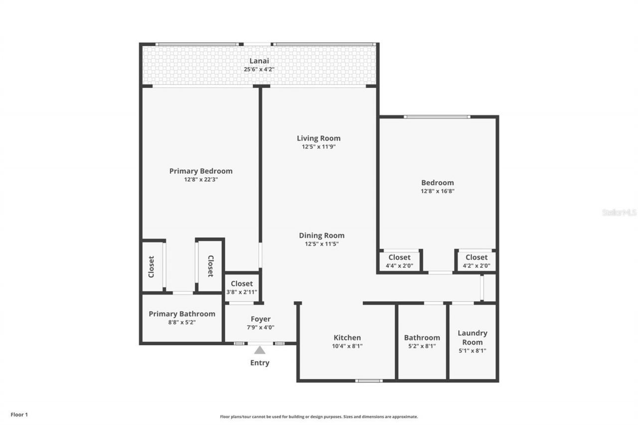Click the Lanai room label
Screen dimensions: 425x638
pos(259,61)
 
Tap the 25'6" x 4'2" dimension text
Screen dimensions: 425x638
pos(259,69)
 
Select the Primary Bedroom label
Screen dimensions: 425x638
pos(201,171)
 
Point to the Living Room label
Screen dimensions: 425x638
pos(319,138)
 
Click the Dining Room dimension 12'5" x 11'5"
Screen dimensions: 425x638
pos(321,244)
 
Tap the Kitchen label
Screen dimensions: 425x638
pos(347,337)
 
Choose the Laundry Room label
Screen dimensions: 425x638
pos(472,337)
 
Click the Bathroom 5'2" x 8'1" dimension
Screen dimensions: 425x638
pos(422,346)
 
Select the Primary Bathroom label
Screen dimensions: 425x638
pos(182,314)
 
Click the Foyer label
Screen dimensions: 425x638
pos(260,319)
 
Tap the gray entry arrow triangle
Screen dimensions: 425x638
pos(260,350)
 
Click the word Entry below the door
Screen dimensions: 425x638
pos(260,363)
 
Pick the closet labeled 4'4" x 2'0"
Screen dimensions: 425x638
pos(399,266)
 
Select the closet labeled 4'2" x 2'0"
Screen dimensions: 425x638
pos(476,266)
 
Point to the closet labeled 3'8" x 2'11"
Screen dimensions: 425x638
pos(242,292)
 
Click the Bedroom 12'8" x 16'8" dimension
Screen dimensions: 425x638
pos(437,191)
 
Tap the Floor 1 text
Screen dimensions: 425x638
pos(19,414)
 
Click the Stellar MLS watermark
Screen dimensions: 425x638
pos(619,212)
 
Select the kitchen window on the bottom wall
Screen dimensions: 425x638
pos(369,381)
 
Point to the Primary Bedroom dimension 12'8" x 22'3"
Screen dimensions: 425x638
pos(201,179)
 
